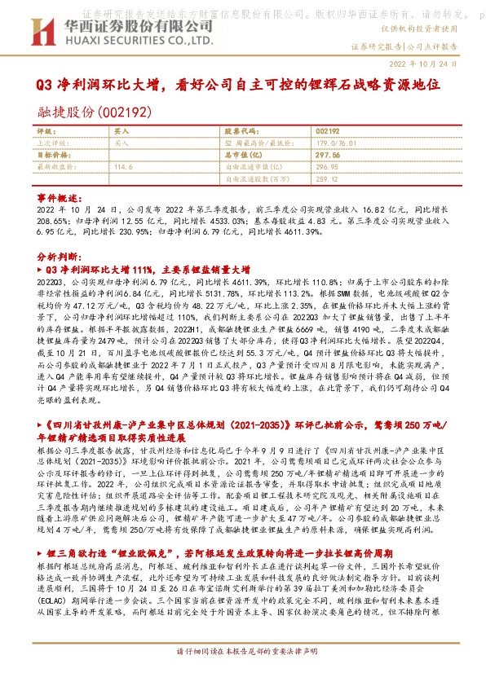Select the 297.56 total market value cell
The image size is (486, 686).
coord(326,153)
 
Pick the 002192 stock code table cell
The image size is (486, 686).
coord(326,130)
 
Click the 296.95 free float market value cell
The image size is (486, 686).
coord(326,165)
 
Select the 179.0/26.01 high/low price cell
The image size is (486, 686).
coord(331,142)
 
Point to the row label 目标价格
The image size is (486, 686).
coord(51,153)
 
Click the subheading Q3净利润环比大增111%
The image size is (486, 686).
coord(147,267)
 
